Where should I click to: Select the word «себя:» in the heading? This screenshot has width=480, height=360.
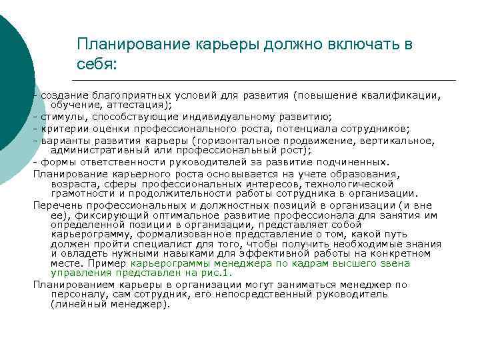click(96, 65)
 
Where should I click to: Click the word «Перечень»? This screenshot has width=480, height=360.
click(56, 206)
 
